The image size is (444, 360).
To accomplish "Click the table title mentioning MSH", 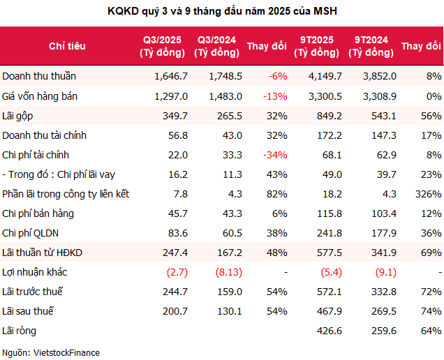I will pyautogui.click(x=222, y=11).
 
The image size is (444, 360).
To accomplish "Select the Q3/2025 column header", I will pyautogui.click(x=160, y=46).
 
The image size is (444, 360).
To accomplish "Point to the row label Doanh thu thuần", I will pyautogui.click(x=39, y=76).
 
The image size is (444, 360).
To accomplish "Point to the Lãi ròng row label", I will pyautogui.click(x=20, y=331).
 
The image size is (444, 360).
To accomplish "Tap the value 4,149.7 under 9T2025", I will pyautogui.click(x=324, y=76).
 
